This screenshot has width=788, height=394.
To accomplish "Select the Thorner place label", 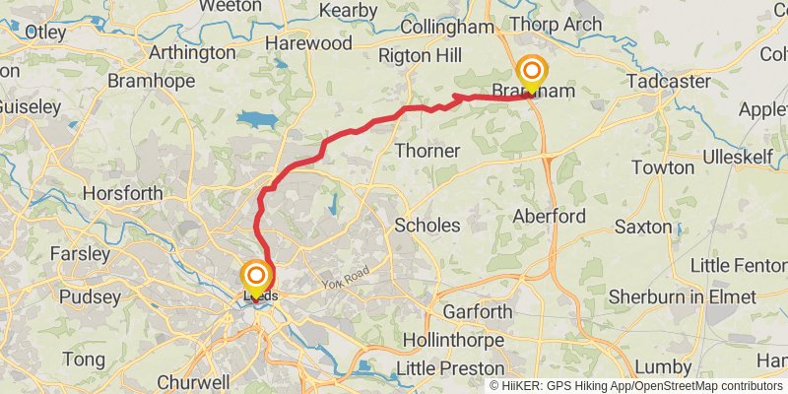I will (427, 151).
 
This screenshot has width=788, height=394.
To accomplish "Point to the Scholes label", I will (427, 225).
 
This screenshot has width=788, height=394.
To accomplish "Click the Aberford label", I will (550, 216).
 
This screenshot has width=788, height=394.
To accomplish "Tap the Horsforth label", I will (122, 194).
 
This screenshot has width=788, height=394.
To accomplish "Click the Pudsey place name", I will (90, 296).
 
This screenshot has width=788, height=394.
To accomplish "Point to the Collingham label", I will (449, 28).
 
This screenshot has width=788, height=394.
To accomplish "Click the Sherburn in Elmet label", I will (682, 296).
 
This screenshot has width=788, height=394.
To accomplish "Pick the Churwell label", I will (193, 381).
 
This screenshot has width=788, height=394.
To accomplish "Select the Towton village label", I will (663, 167).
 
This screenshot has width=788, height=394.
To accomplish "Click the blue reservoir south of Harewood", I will (257, 119).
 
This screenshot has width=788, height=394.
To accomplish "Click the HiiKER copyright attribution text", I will (636, 385).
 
